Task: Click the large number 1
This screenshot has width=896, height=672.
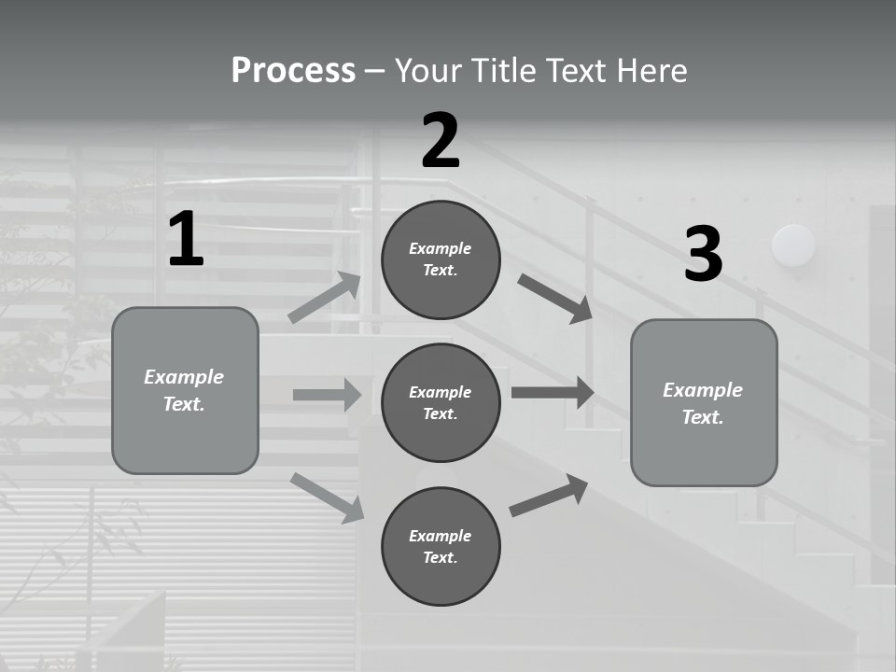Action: (x=186, y=240)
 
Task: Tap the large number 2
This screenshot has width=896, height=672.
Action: (x=441, y=141)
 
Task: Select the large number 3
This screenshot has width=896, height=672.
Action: (x=703, y=255)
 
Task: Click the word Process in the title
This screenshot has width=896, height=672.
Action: (x=293, y=70)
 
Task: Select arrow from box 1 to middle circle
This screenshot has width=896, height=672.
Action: (x=327, y=395)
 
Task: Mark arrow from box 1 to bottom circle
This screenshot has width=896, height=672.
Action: (x=327, y=497)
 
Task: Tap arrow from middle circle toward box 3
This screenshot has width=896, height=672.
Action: (x=553, y=392)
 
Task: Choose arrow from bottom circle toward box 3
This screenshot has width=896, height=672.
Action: (x=549, y=496)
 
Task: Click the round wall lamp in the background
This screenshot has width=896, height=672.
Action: (x=793, y=245)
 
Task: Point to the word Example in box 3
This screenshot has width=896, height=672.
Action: (x=703, y=390)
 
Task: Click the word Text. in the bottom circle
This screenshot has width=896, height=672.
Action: (x=440, y=558)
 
